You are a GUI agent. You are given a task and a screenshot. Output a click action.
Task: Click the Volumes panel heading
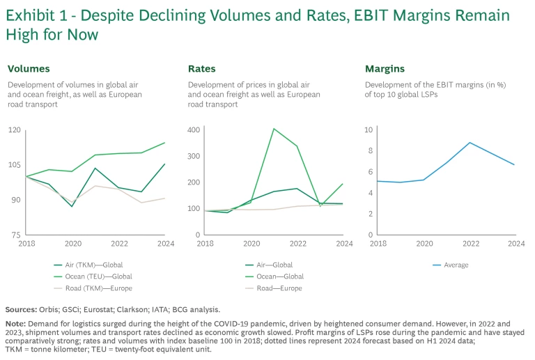tap(29, 69)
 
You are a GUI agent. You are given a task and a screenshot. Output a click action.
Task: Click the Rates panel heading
tap(202, 69)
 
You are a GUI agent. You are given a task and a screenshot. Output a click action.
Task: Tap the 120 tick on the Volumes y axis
tap(14, 130)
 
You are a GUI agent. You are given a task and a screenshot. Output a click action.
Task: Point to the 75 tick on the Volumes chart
tap(16, 235)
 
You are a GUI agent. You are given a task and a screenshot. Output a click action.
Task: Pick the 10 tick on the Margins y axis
tap(370, 130)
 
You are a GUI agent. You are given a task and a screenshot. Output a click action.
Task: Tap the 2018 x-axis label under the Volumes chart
tap(26, 244)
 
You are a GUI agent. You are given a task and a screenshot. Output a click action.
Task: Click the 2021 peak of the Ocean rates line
tap(274, 129)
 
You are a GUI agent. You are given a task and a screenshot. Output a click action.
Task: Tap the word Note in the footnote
tap(15, 324)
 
